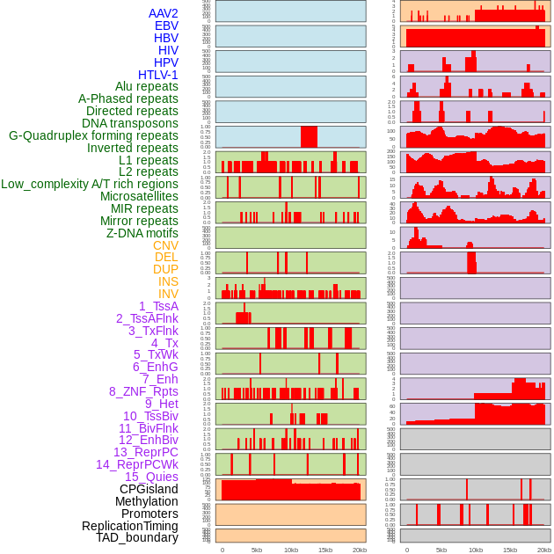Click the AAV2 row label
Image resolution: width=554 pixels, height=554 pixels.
click(x=164, y=13)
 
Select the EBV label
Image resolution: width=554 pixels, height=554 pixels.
click(x=166, y=26)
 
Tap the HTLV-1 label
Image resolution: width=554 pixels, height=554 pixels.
click(x=158, y=75)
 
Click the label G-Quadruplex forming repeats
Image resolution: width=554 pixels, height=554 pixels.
click(x=93, y=135)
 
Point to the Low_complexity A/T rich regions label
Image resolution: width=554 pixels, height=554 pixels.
click(x=90, y=184)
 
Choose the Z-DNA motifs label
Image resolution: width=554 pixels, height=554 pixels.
click(x=142, y=233)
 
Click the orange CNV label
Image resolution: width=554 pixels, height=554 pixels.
click(x=165, y=245)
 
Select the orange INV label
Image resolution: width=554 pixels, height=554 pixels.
click(x=168, y=294)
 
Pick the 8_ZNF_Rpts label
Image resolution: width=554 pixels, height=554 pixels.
click(x=143, y=391)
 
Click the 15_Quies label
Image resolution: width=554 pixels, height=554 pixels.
click(x=151, y=477)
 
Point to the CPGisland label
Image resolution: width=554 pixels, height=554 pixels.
click(x=149, y=489)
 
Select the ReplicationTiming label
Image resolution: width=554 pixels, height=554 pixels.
click(x=130, y=526)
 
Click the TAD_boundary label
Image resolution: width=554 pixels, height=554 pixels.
click(x=137, y=537)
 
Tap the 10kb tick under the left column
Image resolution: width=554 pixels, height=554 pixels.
click(x=291, y=550)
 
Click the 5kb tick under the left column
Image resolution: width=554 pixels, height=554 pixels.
click(x=257, y=550)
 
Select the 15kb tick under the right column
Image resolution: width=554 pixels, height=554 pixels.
click(x=510, y=550)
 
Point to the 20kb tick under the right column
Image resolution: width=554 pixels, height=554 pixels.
click(x=544, y=550)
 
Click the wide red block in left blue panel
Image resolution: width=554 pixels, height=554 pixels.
click(x=309, y=136)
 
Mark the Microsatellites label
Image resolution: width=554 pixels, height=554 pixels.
click(x=139, y=196)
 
